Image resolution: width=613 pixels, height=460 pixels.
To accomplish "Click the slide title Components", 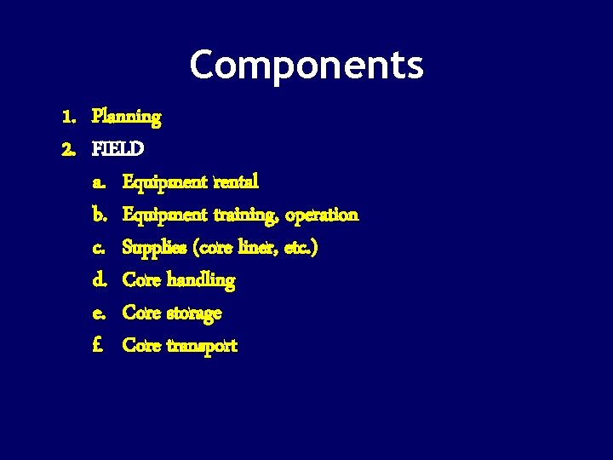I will pos(306,65).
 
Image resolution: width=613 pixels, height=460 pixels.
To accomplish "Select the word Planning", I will pos(126,116).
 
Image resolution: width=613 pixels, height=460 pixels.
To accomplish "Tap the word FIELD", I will pos(118,148).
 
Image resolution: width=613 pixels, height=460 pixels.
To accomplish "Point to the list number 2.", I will pos(67,148).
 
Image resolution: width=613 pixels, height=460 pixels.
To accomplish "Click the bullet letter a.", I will pos(98,182).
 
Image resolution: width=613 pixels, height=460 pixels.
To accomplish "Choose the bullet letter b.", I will pos(98,215).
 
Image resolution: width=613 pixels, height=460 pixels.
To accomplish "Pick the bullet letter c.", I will pos(98,248).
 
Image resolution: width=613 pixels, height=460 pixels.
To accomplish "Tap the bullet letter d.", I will pos(98,279).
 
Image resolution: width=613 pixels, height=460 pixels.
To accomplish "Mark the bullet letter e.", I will pos(98,313).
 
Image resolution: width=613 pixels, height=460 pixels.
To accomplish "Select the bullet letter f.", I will pos(98,345).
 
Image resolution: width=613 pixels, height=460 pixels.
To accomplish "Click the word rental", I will pos(237,181).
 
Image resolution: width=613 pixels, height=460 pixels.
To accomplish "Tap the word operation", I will pos(322,215).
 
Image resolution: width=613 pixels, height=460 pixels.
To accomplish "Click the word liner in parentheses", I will pos(257,247).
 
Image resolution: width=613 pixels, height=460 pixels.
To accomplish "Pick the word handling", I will pos(201,279).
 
